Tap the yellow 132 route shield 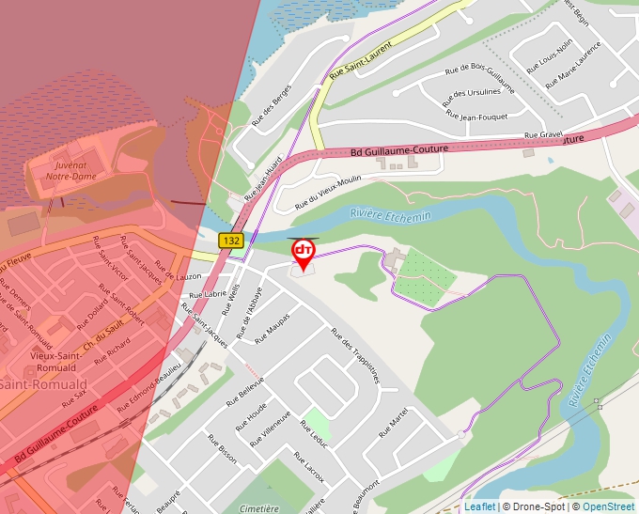pyautogui.click(x=231, y=241)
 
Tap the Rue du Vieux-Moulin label pyautogui.click(x=328, y=192)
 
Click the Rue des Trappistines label pyautogui.click(x=354, y=355)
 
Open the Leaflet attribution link pyautogui.click(x=479, y=506)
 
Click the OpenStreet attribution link pyautogui.click(x=610, y=506)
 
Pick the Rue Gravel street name pyautogui.click(x=543, y=135)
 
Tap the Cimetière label pyautogui.click(x=259, y=508)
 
